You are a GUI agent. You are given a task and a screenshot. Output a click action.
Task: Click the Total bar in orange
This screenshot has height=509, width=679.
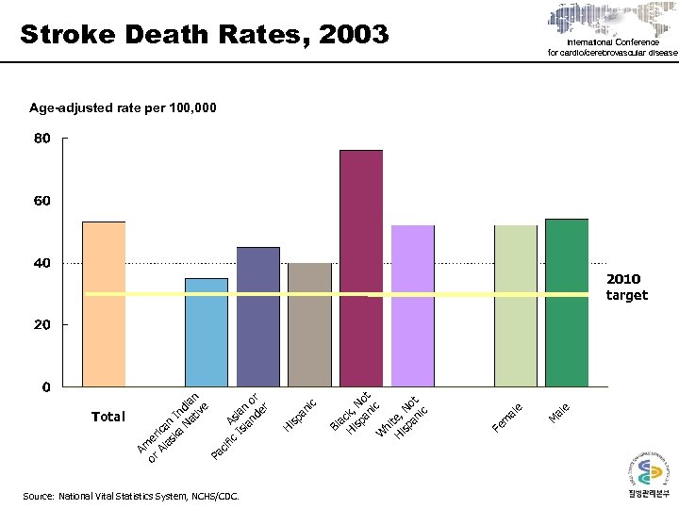point(104,304)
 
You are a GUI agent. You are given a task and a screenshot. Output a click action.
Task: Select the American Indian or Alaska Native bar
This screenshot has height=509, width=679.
point(206,332)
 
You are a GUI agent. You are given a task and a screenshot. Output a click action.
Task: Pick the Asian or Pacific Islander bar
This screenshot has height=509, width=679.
point(257,316)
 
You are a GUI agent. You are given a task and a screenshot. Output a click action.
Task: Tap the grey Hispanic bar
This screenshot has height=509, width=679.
point(309,324)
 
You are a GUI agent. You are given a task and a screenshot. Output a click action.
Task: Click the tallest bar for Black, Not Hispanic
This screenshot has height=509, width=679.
point(361,268)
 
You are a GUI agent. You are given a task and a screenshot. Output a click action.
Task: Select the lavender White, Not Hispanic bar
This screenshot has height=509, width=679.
point(412,305)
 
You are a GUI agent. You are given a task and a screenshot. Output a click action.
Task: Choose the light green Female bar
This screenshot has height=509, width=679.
point(516,305)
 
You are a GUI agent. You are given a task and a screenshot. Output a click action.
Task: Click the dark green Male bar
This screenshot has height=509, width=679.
point(567,303)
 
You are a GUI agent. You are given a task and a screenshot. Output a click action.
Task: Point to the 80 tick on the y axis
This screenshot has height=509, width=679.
point(42,140)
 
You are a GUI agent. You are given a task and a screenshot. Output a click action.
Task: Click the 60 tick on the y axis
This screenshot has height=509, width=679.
point(42,201)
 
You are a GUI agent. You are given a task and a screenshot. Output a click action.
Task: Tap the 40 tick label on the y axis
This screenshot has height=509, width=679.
point(42,263)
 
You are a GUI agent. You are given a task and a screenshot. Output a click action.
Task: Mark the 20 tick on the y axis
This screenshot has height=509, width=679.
point(42,324)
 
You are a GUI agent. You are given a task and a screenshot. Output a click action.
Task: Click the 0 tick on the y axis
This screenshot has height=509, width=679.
point(45,386)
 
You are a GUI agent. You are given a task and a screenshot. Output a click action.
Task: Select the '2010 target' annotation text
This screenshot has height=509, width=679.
point(626,287)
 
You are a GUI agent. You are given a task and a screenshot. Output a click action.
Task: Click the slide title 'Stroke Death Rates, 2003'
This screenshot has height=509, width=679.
point(204,35)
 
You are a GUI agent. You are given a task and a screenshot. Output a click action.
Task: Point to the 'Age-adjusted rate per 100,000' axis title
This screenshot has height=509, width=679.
point(124,108)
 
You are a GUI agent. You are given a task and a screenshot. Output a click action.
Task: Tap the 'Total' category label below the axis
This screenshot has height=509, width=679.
point(108,416)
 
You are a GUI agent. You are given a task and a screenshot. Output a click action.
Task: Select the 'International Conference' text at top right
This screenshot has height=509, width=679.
point(613,42)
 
